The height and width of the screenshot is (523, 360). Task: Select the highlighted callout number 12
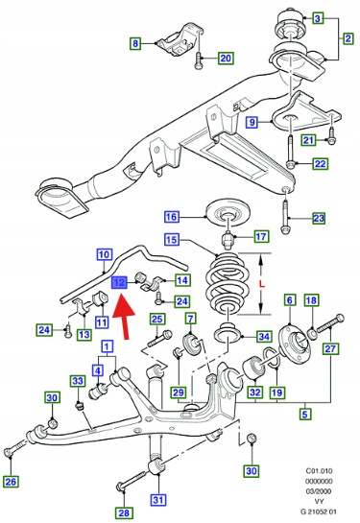(119, 283)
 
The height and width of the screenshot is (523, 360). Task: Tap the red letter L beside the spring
(261, 284)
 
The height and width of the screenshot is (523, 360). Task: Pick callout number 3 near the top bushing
(318, 18)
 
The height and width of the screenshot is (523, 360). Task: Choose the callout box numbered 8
(135, 43)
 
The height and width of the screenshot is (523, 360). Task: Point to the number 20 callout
(226, 58)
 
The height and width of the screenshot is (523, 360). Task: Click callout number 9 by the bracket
(252, 122)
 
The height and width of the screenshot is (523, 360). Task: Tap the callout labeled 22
(321, 164)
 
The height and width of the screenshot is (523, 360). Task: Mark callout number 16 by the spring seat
(172, 217)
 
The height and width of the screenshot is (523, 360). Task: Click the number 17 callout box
(261, 236)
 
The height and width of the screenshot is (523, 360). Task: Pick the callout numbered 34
(264, 336)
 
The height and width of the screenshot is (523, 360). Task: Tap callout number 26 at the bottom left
(11, 482)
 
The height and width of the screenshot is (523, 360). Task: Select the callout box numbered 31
(157, 500)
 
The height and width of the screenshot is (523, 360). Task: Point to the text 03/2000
(320, 491)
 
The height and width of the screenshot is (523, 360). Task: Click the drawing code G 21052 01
(318, 511)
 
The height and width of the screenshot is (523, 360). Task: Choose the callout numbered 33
(78, 381)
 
